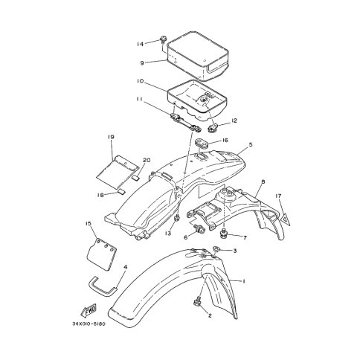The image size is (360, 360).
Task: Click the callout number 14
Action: (140, 44)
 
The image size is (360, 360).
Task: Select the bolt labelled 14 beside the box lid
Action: (163, 39)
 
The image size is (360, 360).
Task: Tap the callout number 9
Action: (142, 63)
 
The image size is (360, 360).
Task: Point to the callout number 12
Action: (234, 120)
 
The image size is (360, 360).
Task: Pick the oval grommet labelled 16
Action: (201, 143)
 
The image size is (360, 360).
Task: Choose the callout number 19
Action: (111, 137)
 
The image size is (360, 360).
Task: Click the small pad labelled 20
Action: (135, 177)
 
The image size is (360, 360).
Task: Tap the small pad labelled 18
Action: (121, 191)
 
